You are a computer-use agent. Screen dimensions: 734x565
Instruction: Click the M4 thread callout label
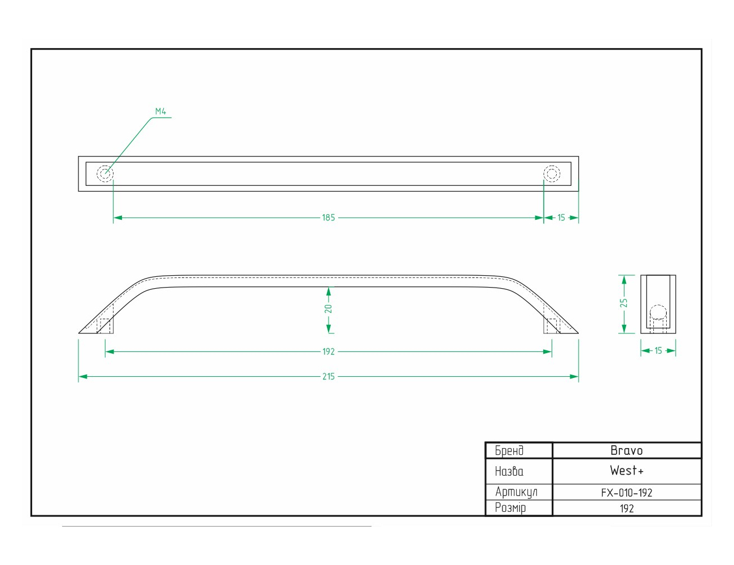click(160, 111)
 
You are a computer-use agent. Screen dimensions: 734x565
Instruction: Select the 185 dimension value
click(329, 218)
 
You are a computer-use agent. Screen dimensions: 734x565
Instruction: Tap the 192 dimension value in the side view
click(329, 352)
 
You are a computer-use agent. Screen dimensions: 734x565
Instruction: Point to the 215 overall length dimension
click(329, 376)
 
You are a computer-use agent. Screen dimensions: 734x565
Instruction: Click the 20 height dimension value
click(329, 308)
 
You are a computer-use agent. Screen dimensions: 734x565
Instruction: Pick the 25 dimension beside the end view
click(623, 303)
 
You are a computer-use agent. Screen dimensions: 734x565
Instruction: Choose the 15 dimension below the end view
click(658, 351)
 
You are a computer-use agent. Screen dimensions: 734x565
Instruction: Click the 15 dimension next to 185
click(561, 218)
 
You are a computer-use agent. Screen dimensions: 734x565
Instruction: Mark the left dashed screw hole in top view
click(105, 173)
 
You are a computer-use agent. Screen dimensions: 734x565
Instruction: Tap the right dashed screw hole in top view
click(552, 173)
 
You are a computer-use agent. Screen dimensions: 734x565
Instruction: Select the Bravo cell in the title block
click(627, 450)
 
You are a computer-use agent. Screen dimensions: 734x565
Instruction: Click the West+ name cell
click(627, 471)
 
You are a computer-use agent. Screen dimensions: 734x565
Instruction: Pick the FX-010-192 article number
click(627, 493)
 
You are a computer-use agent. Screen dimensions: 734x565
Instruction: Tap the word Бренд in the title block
click(509, 450)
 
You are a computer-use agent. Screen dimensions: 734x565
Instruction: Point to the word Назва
click(509, 471)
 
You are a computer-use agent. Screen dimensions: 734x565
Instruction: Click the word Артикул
click(516, 492)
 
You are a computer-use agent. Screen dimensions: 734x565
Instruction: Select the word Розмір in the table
click(510, 508)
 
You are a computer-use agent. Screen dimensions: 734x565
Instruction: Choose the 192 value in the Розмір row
click(627, 508)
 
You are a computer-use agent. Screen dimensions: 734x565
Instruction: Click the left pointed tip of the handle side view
click(78, 333)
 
